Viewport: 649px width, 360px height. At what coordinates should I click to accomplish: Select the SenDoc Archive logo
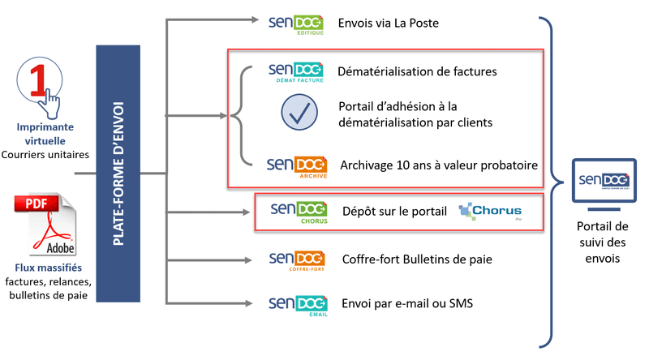click(x=297, y=165)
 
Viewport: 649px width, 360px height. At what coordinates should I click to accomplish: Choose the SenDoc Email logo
click(x=297, y=305)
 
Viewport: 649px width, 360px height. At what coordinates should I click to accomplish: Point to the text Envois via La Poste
click(x=390, y=24)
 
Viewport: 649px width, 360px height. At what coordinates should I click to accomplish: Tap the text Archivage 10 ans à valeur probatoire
click(x=439, y=165)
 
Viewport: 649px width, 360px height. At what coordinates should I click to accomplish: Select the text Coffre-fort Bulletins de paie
click(x=417, y=259)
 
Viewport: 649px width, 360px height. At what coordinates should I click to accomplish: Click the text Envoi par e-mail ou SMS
click(x=407, y=305)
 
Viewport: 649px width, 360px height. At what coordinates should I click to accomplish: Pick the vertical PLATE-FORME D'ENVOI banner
click(x=118, y=174)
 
